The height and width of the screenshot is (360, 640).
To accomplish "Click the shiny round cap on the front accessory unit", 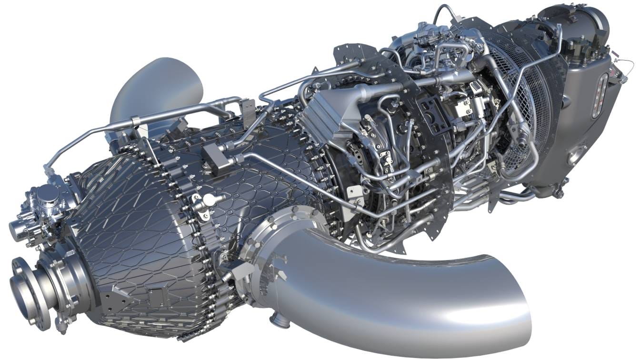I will tap(48, 193).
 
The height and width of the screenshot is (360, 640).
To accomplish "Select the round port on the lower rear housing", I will tap(576, 154).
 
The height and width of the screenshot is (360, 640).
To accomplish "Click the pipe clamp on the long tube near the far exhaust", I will tap(136, 122).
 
